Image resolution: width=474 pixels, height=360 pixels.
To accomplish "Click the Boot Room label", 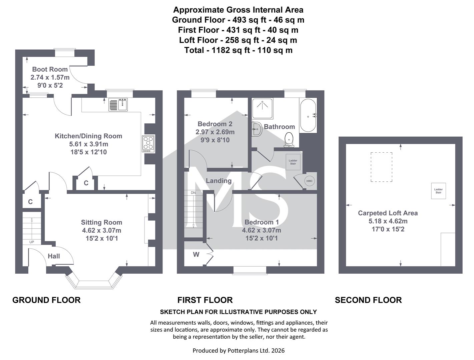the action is (x=50, y=69).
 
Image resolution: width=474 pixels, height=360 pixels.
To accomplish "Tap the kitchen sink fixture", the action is (x=118, y=104).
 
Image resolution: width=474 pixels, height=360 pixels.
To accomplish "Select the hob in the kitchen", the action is (x=148, y=144).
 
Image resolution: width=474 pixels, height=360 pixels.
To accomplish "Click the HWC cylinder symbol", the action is (x=309, y=181).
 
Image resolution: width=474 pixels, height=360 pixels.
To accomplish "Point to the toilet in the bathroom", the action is (x=289, y=140).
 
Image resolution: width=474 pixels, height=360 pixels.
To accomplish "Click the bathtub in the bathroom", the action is (x=308, y=115).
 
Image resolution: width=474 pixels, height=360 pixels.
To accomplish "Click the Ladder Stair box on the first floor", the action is (x=293, y=162).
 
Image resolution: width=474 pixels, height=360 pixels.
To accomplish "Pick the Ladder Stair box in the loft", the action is (x=438, y=191).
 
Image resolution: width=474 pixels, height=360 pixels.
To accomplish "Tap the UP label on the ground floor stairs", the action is (x=32, y=242).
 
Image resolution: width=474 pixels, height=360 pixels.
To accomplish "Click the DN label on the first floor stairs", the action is (x=193, y=193).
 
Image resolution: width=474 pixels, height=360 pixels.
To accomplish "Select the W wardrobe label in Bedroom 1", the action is (x=196, y=255).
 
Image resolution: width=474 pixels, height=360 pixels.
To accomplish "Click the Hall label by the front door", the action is (x=54, y=256).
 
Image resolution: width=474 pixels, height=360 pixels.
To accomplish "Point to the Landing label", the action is (x=218, y=181).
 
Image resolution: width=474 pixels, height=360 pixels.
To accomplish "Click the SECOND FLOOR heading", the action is (x=368, y=300).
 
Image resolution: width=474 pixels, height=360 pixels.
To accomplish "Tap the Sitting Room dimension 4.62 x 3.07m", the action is (x=101, y=230).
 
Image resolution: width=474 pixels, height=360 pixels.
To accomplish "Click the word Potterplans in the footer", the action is (x=241, y=351).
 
